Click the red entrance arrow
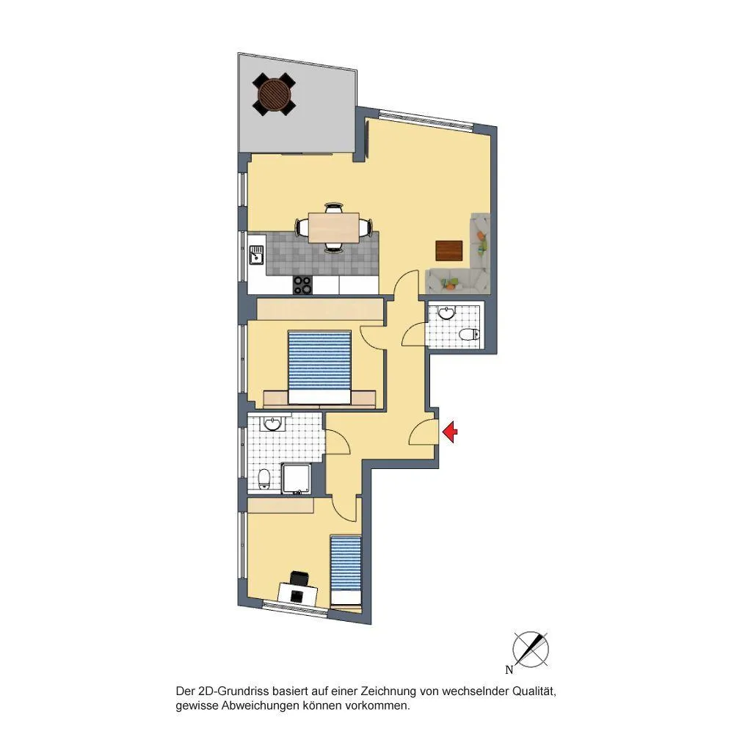450,432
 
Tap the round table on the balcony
274,95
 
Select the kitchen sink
256,255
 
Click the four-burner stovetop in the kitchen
302,285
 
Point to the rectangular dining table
334,228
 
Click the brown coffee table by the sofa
449,250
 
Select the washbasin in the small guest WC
448,312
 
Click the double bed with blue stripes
319,368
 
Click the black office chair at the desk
299,578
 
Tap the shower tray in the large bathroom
296,478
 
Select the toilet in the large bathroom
264,479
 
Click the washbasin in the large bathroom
273,424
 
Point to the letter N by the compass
509,670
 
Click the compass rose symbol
531,650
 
